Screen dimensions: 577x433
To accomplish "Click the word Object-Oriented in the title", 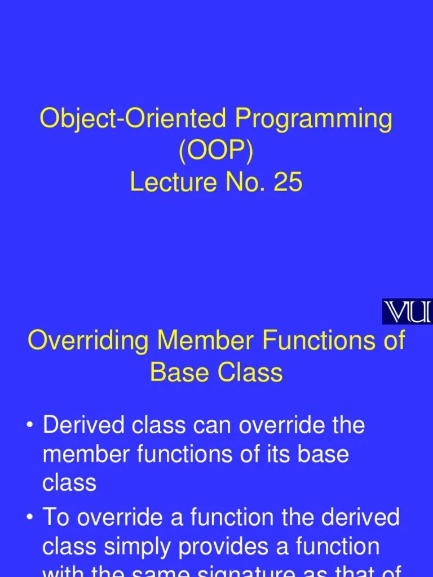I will (134, 119).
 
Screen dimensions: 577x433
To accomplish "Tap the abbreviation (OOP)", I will (216, 151).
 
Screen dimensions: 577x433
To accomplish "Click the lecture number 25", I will (288, 183).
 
